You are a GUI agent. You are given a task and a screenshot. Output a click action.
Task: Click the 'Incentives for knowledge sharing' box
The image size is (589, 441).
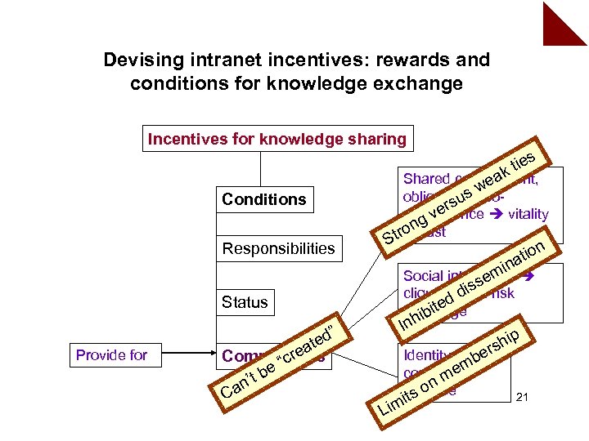[x=277, y=139]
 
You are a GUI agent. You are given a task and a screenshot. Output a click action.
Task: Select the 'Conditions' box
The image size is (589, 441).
[x=263, y=199]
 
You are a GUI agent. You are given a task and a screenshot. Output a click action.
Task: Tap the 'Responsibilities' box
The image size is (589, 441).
[x=279, y=248]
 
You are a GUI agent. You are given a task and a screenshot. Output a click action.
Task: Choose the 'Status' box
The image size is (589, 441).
[x=245, y=302]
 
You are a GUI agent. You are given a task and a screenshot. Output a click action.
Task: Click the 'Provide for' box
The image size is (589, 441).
[x=111, y=354]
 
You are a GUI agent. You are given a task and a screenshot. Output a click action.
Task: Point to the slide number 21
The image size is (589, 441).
[x=524, y=398]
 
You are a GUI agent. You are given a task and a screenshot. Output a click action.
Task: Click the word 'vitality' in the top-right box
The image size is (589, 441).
[x=528, y=214]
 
